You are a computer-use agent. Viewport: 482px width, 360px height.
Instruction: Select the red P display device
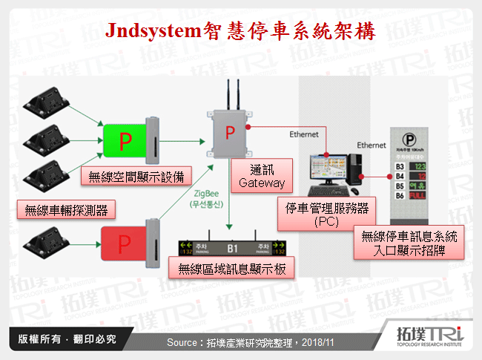click(131, 240)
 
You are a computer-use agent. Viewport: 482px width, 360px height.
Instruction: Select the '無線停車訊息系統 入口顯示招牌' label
click(409, 242)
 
